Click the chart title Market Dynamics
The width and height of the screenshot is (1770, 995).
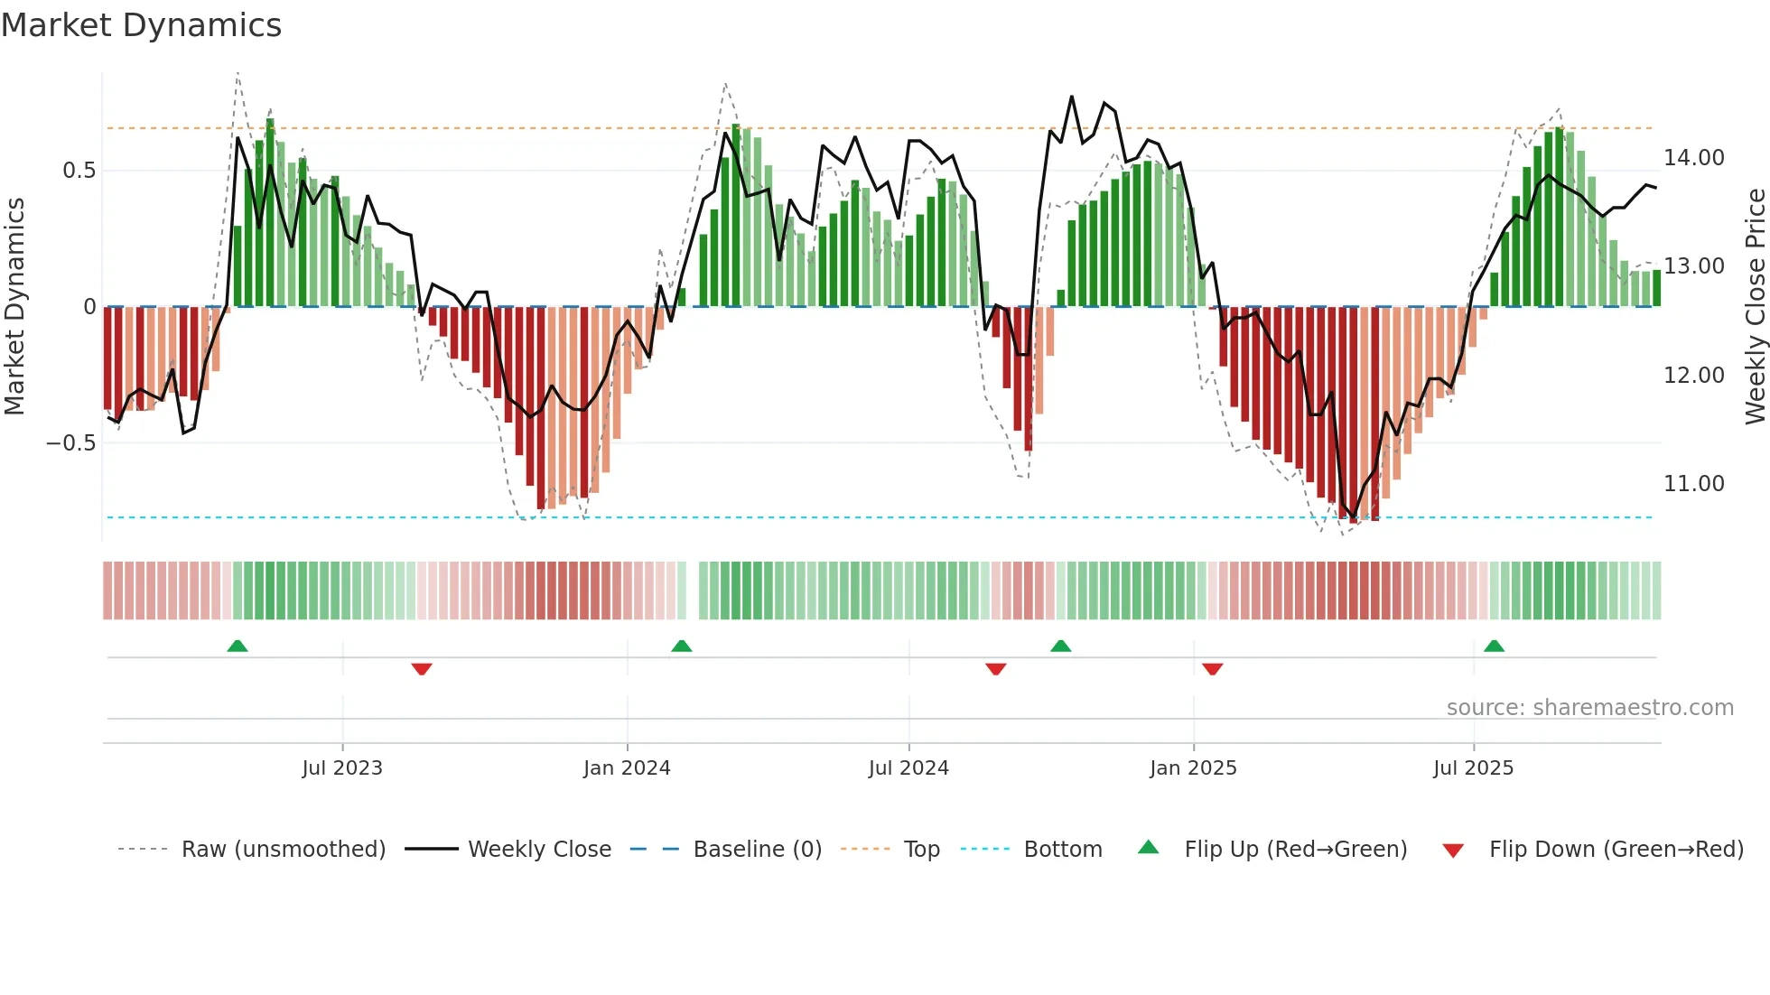point(141,25)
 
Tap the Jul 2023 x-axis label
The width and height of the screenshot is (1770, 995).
point(342,768)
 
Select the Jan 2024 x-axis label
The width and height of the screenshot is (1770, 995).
point(627,768)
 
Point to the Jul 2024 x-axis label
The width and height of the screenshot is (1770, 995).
point(908,768)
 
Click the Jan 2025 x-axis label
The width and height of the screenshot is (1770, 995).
point(1193,768)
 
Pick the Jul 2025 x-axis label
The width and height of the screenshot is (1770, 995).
point(1473,768)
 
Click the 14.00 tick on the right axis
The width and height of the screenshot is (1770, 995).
point(1694,158)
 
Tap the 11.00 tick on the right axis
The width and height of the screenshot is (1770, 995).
point(1694,484)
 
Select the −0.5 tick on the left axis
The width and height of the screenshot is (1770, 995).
point(70,443)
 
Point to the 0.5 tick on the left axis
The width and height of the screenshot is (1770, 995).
point(79,171)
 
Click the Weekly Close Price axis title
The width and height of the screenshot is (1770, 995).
point(1755,307)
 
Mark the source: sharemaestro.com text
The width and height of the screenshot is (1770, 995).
point(1589,708)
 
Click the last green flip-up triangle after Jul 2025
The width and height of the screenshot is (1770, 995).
point(1494,646)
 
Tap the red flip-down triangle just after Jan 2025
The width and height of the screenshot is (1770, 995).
point(1213,669)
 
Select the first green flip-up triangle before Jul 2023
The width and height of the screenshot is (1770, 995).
point(238,646)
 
